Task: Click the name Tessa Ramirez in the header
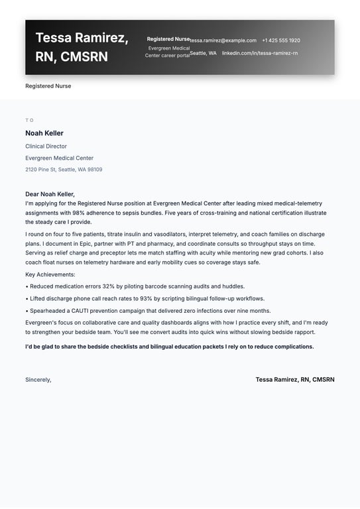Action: pos(82,38)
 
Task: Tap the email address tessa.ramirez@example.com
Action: pos(223,40)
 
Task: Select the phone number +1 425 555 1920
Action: pos(280,40)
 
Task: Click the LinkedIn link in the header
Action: pos(260,53)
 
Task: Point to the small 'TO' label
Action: pos(29,120)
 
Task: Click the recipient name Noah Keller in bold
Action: pos(44,133)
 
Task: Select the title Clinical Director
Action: pos(46,146)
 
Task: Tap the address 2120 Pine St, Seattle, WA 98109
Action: pos(64,170)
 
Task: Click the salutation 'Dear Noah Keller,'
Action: pos(50,194)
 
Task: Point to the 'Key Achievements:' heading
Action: pos(50,274)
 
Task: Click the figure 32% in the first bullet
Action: pos(109,286)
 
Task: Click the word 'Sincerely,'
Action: pos(38,380)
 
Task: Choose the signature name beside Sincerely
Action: pos(295,380)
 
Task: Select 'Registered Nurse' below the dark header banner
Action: pos(48,86)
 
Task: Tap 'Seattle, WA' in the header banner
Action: pos(203,53)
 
